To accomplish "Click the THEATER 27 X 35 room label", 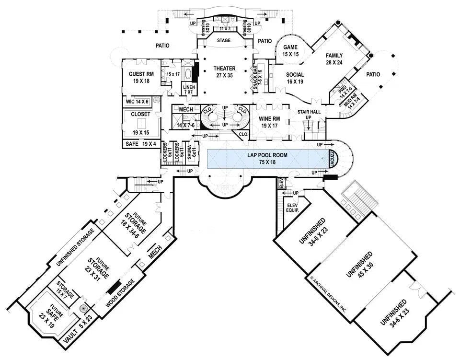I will pos(224,72).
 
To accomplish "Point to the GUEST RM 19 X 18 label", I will pos(141,77).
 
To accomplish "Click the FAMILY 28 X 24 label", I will pos(334,58).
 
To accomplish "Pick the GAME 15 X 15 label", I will pos(290,51).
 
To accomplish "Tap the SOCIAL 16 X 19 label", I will pos(296,78).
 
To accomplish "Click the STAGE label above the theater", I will pos(224,41).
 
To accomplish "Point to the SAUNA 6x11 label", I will pos(190,151).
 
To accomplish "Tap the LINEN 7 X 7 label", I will pos(189,90).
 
